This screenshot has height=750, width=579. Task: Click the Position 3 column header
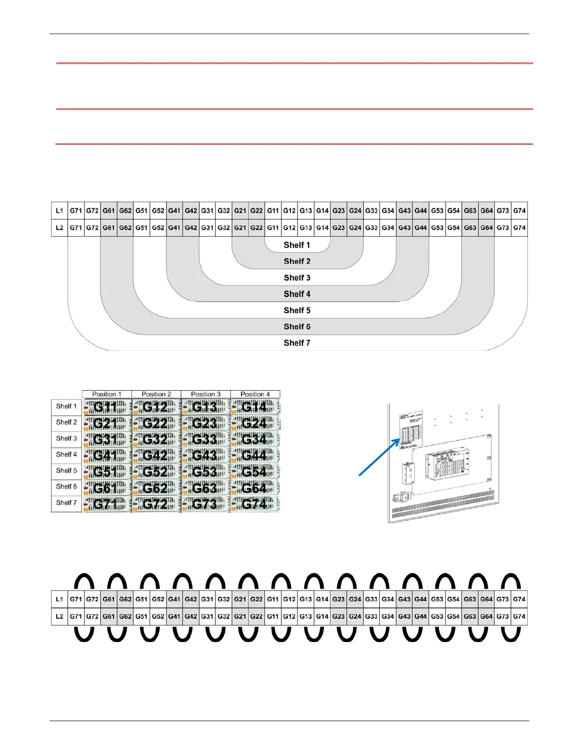tap(206, 394)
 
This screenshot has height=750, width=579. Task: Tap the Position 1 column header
tap(107, 394)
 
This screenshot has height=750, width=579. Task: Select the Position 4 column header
tap(255, 394)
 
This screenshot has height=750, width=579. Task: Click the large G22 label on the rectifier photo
tap(155, 423)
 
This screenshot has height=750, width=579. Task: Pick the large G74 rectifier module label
tap(254, 504)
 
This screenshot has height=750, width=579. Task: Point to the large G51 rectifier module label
tap(105, 472)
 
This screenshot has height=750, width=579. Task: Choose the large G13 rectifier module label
tap(205, 407)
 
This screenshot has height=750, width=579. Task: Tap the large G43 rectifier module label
tap(205, 455)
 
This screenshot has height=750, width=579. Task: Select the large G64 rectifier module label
tap(254, 488)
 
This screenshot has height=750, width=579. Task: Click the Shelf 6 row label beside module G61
tap(66, 487)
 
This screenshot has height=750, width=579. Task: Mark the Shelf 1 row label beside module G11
tap(66, 406)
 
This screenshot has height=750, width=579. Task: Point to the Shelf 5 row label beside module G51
tap(66, 471)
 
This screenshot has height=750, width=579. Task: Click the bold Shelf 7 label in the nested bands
tap(297, 343)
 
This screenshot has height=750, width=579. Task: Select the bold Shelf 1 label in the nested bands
tap(297, 245)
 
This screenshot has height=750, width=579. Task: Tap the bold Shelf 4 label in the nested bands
tap(297, 294)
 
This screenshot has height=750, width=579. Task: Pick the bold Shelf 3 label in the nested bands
tap(297, 278)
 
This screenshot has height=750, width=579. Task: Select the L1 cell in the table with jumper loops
tap(60, 599)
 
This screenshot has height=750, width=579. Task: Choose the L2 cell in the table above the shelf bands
tap(60, 228)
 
